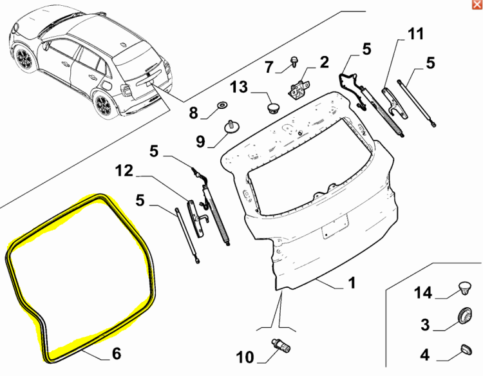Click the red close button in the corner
pyautogui.click(x=477, y=5)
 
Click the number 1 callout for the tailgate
pyautogui.click(x=352, y=283)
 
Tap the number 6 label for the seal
pyautogui.click(x=117, y=353)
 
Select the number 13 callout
pyautogui.click(x=239, y=87)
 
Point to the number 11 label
pyautogui.click(x=416, y=33)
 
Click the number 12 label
pyautogui.click(x=124, y=171)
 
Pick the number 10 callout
pyautogui.click(x=245, y=357)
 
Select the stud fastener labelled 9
pyautogui.click(x=231, y=127)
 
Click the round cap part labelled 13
pyautogui.click(x=272, y=108)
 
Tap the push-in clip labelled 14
pyautogui.click(x=464, y=288)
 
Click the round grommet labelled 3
pyautogui.click(x=464, y=315)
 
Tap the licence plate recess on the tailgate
pyautogui.click(x=335, y=226)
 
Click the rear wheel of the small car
pyautogui.click(x=103, y=105)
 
